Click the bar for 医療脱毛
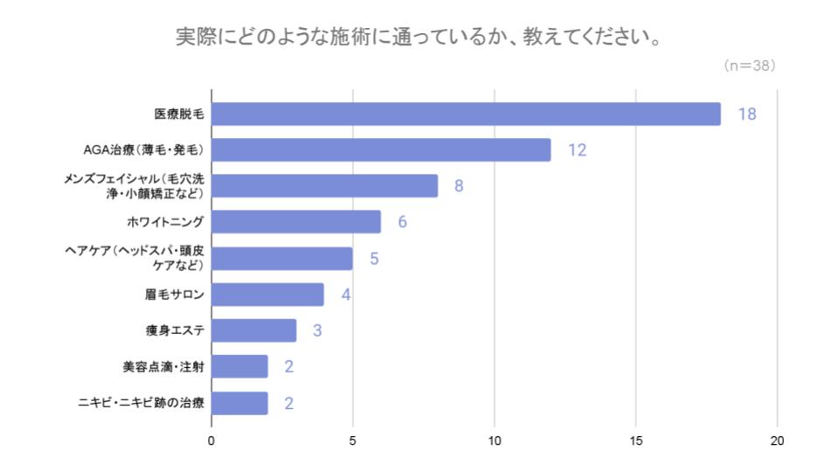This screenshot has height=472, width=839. (x=466, y=115)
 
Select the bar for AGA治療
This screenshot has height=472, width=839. (x=381, y=150)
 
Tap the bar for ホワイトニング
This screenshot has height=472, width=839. (x=296, y=222)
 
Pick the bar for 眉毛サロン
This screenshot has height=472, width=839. (x=267, y=295)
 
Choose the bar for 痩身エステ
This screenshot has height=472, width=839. (x=253, y=330)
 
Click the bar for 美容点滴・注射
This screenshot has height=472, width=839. (x=239, y=366)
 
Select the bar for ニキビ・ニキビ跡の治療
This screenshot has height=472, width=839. (x=239, y=403)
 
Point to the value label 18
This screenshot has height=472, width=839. (x=745, y=115)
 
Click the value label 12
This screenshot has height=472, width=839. (x=576, y=150)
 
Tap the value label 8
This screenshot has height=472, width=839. (x=458, y=186)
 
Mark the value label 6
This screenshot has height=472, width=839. (x=402, y=222)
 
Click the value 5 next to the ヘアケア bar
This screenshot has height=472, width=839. (x=374, y=259)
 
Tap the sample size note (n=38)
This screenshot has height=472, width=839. (x=750, y=66)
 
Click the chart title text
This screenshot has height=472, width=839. (x=418, y=38)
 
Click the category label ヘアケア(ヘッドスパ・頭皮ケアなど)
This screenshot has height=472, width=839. (x=135, y=259)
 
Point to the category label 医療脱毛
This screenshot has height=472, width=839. (x=178, y=115)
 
